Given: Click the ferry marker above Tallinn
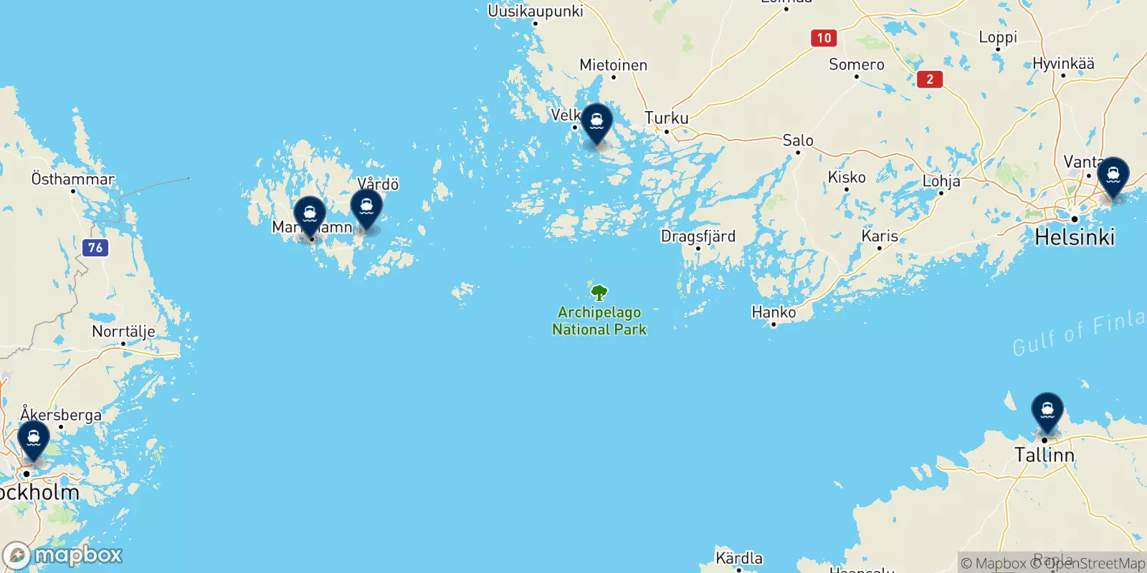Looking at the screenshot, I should click(1047, 410).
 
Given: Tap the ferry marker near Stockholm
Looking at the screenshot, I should click(34, 438).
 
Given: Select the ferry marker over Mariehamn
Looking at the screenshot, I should click(310, 213).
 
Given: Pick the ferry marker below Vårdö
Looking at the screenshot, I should click(366, 207).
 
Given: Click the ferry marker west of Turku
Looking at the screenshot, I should click(596, 122).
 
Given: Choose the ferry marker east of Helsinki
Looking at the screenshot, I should click(1113, 175).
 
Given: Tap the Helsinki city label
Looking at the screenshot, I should click(1075, 237).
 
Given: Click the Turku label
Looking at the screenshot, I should click(666, 118).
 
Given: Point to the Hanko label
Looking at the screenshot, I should click(774, 312).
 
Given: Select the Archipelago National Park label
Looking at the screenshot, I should click(599, 321).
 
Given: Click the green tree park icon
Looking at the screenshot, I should click(599, 292).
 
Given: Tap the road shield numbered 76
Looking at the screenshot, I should click(95, 248).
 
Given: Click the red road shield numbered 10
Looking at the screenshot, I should click(824, 38).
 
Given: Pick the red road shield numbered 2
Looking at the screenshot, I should click(930, 79).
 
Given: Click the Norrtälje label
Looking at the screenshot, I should click(123, 332).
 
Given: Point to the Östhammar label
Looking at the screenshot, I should click(72, 179).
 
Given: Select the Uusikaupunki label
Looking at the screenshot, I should click(535, 11).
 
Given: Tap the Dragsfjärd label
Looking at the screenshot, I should click(698, 236).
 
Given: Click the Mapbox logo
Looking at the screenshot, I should click(63, 555).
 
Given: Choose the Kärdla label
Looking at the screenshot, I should click(739, 558).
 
